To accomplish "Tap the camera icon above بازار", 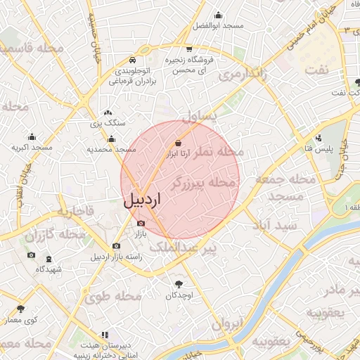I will [x=140, y=223].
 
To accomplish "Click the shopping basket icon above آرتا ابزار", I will [x=179, y=144].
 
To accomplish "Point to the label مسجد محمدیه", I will [x=111, y=149].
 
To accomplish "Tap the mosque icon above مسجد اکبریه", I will [x=32, y=137].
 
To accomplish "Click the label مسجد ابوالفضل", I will [x=218, y=25].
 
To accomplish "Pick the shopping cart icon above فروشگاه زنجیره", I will [x=189, y=49].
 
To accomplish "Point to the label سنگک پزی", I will [x=107, y=123].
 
